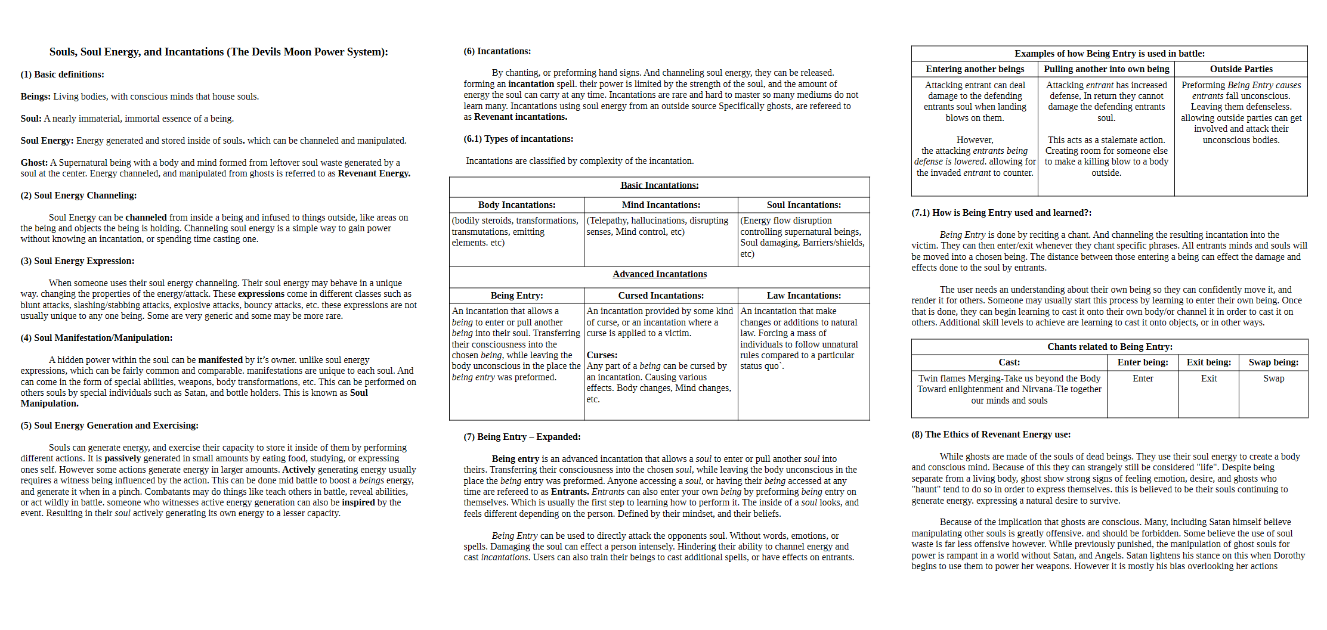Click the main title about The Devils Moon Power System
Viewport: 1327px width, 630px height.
pos(218,52)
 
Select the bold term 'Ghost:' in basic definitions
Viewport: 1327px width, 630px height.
pos(34,163)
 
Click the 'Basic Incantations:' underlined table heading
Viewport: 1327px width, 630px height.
pos(659,185)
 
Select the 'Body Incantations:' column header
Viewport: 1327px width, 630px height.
pos(516,205)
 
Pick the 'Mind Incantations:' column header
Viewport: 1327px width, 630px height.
pos(661,205)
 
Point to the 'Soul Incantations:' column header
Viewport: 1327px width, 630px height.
pos(803,205)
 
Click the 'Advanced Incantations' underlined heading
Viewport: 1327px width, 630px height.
pos(659,274)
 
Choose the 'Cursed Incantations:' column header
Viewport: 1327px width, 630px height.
pos(661,296)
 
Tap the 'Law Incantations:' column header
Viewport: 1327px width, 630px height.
pos(803,296)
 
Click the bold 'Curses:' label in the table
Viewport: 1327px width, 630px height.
pos(602,355)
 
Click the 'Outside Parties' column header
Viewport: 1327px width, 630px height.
pos(1241,69)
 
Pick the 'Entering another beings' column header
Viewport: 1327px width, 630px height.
pos(975,69)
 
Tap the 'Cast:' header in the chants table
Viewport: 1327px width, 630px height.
pos(1009,362)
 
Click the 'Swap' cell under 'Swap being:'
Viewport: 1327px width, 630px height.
pos(1273,378)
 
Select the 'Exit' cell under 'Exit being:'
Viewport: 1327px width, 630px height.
pos(1208,378)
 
